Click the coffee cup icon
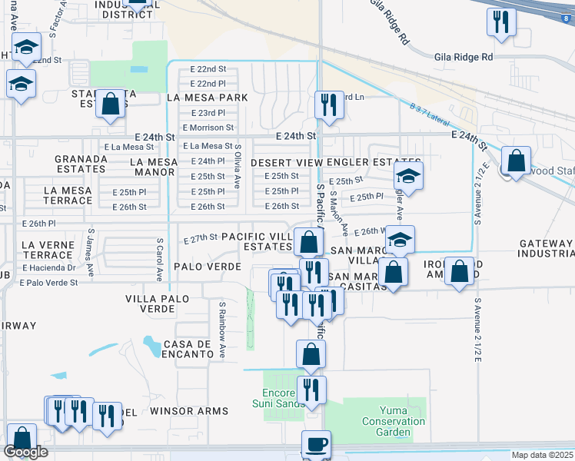click(315, 443)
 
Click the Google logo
click(25, 453)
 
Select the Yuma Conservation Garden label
click(394, 421)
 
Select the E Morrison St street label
click(208, 128)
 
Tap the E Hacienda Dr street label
click(49, 267)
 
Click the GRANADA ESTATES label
click(80, 163)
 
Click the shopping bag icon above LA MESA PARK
click(111, 104)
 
